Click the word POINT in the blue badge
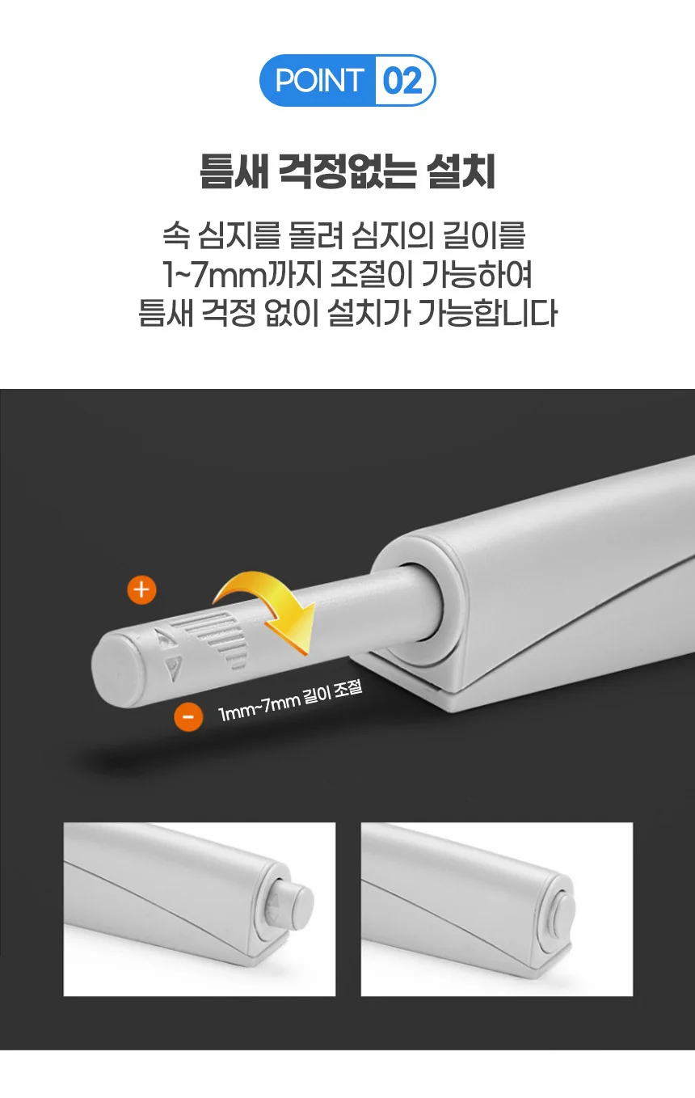(319, 80)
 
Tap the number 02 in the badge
(402, 81)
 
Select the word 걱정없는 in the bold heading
(347, 171)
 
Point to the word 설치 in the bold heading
(461, 171)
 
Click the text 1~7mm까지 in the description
(242, 275)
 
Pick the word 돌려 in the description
(317, 236)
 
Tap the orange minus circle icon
(188, 716)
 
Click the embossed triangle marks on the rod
(170, 653)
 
